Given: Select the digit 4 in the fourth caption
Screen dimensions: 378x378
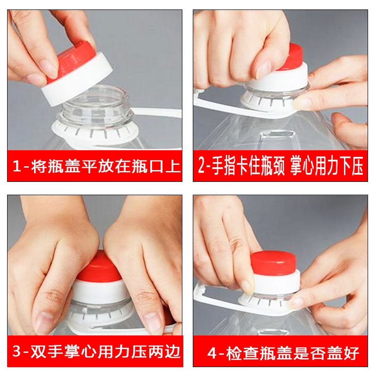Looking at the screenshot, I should pyautogui.click(x=212, y=352).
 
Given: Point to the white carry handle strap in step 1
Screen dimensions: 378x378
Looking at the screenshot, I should pyautogui.click(x=156, y=113).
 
